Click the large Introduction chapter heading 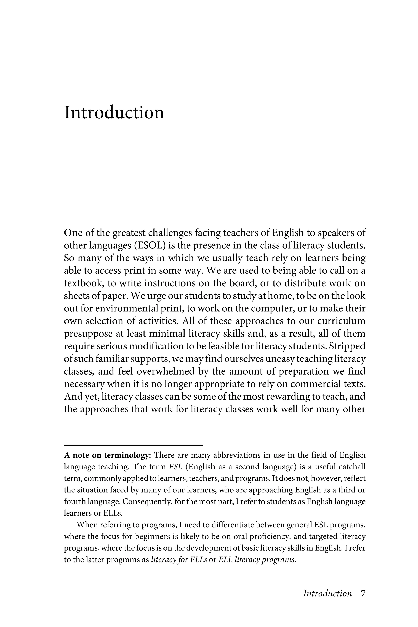[114, 112]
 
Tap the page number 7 [363, 593]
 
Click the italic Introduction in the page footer [327, 593]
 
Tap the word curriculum [341, 321]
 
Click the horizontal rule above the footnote [133, 445]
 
